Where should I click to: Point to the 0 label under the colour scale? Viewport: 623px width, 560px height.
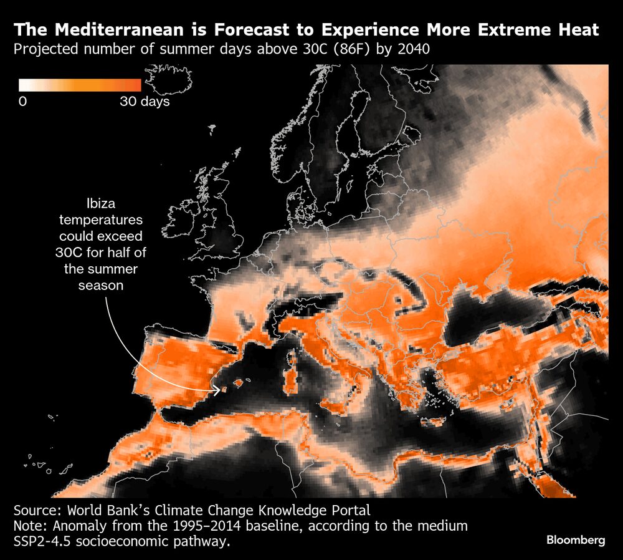click(22, 101)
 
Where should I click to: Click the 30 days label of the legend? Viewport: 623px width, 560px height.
click(145, 101)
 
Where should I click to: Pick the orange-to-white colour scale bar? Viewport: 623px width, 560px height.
click(80, 85)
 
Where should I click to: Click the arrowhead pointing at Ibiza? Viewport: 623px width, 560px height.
click(219, 391)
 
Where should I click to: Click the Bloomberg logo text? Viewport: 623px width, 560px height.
click(576, 540)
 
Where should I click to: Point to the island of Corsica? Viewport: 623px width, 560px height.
click(291, 355)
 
